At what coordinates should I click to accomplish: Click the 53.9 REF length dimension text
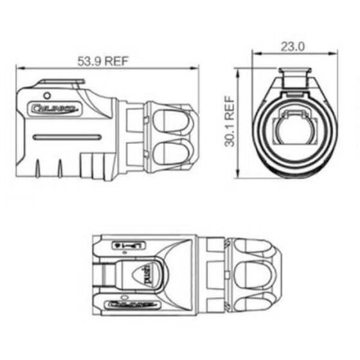pos(105,61)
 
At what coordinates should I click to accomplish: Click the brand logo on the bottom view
pos(127,304)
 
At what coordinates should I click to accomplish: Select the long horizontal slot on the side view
pos(66,137)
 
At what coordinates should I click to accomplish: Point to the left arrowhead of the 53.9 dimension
pos(17,66)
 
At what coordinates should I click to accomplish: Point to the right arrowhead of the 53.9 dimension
pos(197,66)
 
